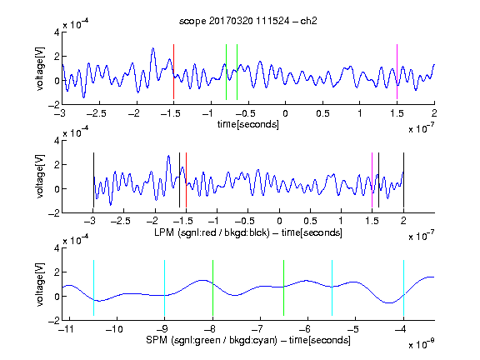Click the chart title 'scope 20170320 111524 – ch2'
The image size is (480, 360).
click(248, 21)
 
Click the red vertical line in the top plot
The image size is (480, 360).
click(173, 72)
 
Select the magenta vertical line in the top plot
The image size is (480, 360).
click(397, 72)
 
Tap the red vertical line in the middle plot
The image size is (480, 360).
click(186, 180)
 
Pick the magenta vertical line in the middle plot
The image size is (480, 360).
click(372, 180)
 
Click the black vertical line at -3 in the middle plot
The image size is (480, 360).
click(93, 180)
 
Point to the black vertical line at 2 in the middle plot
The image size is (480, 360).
click(403, 180)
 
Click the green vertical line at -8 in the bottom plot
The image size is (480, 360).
click(212, 287)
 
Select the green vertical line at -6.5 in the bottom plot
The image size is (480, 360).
click(284, 287)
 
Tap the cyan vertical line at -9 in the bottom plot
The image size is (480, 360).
click(165, 287)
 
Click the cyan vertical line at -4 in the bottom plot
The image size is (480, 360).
click(404, 287)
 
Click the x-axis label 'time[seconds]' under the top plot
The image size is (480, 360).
click(248, 124)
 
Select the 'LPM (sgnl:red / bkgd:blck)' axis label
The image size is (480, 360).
click(212, 232)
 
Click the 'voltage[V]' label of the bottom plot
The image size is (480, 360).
click(40, 284)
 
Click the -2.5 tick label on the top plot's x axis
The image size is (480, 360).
click(96, 113)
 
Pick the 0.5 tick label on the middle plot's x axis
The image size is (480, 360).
click(310, 221)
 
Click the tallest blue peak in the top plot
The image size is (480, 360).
click(153, 48)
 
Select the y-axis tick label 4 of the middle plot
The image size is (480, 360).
click(57, 141)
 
